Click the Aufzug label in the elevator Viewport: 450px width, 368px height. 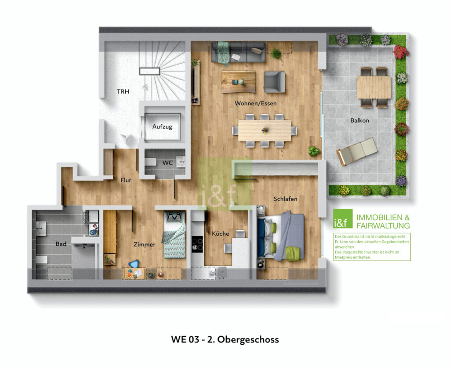tap(162, 126)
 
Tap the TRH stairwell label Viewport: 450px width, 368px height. tap(123, 92)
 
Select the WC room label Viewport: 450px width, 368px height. tap(167, 162)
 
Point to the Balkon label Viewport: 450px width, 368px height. tap(359, 120)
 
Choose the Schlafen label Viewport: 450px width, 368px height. tap(285, 199)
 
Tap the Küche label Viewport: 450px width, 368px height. tap(220, 234)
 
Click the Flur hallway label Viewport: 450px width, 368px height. tap(126, 180)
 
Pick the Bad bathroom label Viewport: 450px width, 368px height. tap(61, 243)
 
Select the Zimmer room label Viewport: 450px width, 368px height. tap(144, 245)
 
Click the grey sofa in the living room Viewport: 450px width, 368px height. tap(239, 52)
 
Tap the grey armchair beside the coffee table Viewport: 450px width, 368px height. tap(274, 82)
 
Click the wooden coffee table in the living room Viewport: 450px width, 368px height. tap(238, 82)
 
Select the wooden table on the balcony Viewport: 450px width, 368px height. tap(374, 87)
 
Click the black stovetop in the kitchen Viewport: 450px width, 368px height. tap(197, 244)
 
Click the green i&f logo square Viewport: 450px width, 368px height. tap(343, 218)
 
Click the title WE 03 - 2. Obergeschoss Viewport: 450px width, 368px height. tap(225, 339)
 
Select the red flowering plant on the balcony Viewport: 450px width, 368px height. tap(400, 52)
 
